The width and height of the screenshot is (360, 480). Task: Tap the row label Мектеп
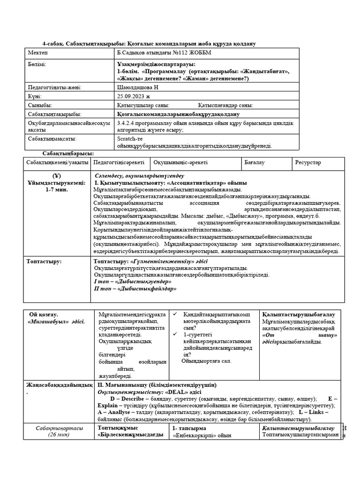pyautogui.click(x=38, y=52)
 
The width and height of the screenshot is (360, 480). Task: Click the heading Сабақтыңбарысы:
pyautogui.click(x=68, y=154)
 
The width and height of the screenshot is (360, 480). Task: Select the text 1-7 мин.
pyautogui.click(x=57, y=189)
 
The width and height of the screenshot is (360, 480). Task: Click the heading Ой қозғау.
pyautogui.click(x=44, y=315)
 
